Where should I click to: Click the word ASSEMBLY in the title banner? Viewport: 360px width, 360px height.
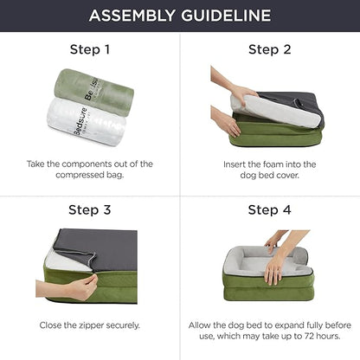click(x=132, y=16)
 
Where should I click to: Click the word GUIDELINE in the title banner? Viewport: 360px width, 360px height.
click(x=228, y=16)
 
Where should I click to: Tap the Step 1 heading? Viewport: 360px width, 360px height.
click(x=89, y=49)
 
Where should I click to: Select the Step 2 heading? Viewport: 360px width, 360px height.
click(x=269, y=49)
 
